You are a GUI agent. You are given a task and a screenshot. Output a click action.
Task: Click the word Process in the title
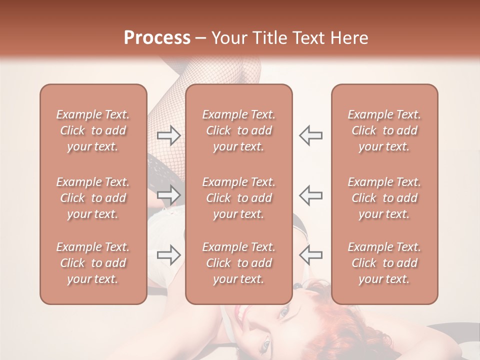tap(157, 38)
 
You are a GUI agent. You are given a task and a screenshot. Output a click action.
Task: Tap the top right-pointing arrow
tap(168, 135)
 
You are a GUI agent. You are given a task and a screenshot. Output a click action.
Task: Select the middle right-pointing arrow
tap(168, 194)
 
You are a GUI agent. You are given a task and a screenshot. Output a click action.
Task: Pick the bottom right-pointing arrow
tap(168, 254)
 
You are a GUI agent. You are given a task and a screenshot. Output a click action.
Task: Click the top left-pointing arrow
tap(311, 135)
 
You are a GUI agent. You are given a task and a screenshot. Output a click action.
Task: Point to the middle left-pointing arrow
tap(311, 194)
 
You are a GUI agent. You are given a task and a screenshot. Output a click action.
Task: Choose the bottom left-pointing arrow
tap(311, 254)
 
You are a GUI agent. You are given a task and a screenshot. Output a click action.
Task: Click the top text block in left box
tap(93, 130)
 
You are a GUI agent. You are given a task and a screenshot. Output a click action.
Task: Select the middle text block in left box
tap(93, 198)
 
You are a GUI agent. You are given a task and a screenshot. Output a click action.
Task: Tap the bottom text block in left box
tap(93, 263)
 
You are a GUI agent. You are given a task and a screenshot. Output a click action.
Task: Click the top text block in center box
tap(238, 130)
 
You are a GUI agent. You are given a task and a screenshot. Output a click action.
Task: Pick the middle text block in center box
tap(238, 198)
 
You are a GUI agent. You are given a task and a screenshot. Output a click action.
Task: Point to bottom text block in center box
tap(238, 263)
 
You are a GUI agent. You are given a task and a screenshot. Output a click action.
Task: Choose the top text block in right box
tap(384, 130)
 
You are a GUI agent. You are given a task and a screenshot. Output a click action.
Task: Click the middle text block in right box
tap(384, 198)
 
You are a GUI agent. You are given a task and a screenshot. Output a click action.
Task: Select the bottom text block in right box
tap(384, 263)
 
